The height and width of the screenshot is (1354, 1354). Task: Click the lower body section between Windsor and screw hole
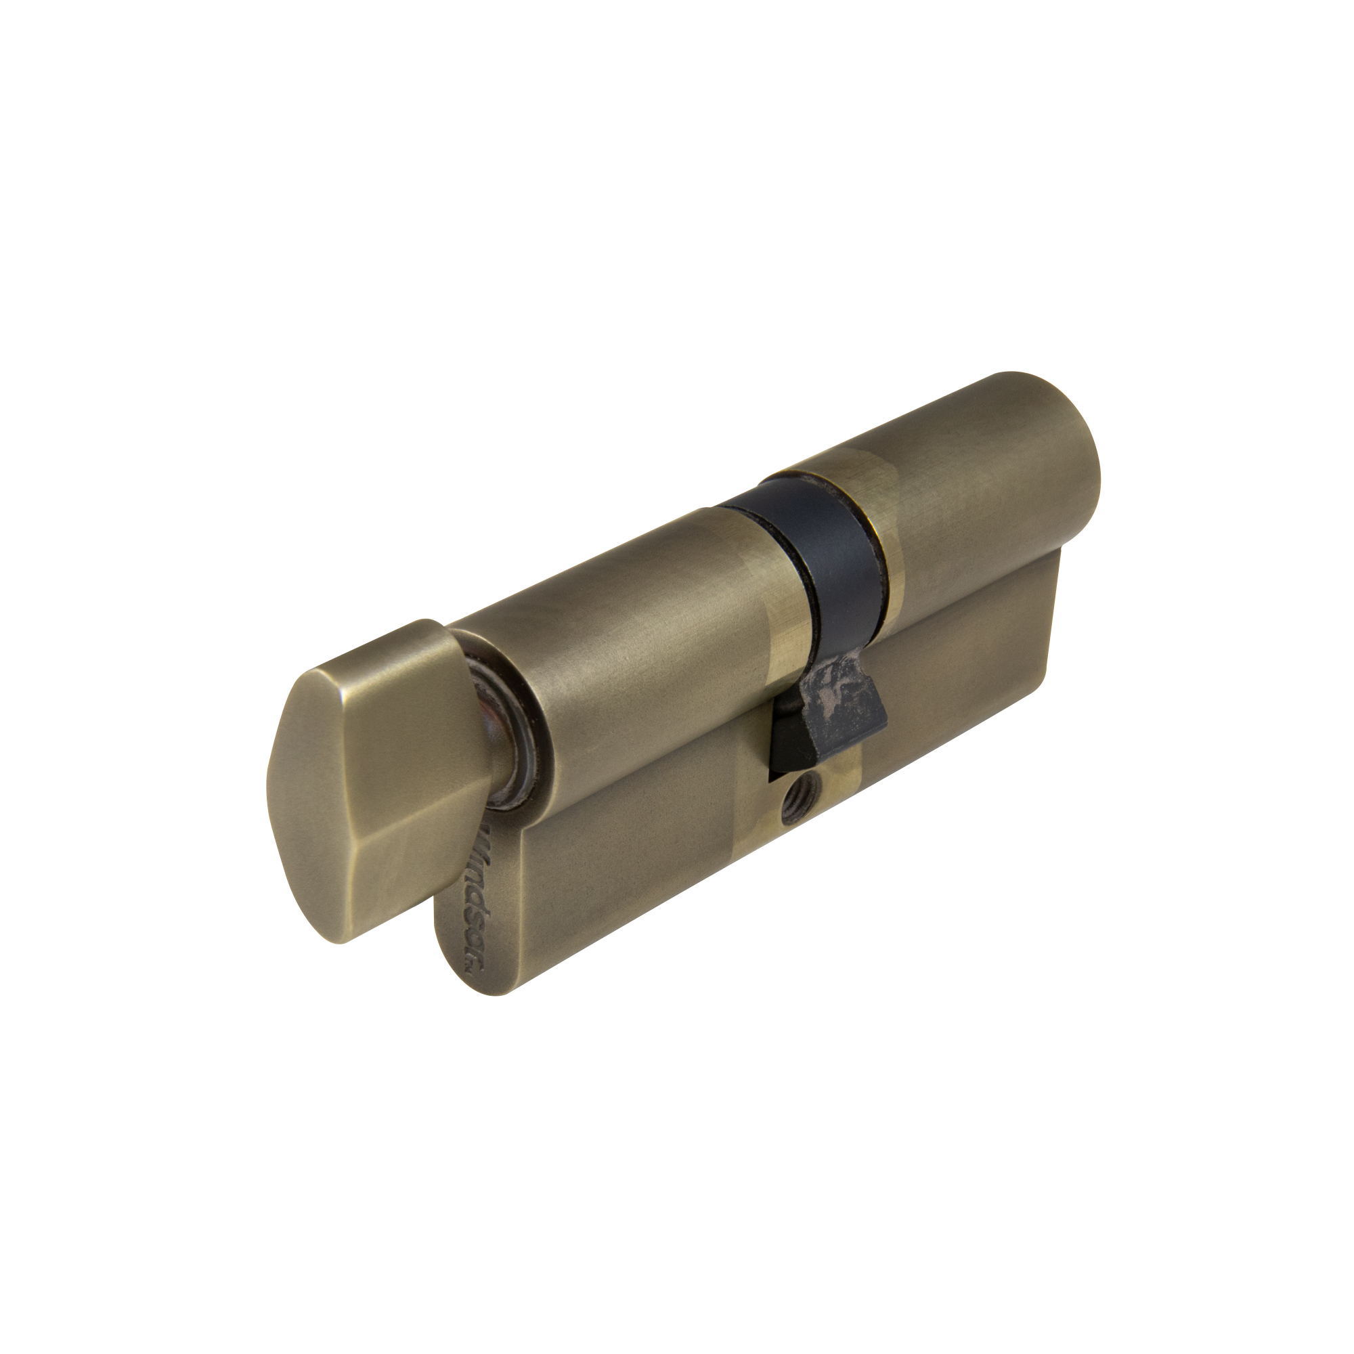click(x=631, y=862)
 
